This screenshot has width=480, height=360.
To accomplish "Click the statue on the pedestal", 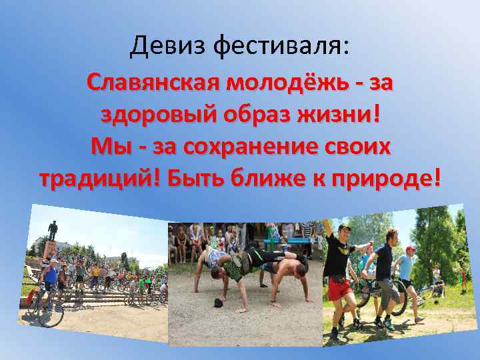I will (x=52, y=231).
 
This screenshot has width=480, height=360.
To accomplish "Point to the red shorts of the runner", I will (x=339, y=289).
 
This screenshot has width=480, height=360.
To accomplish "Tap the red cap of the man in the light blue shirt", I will (x=411, y=249).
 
